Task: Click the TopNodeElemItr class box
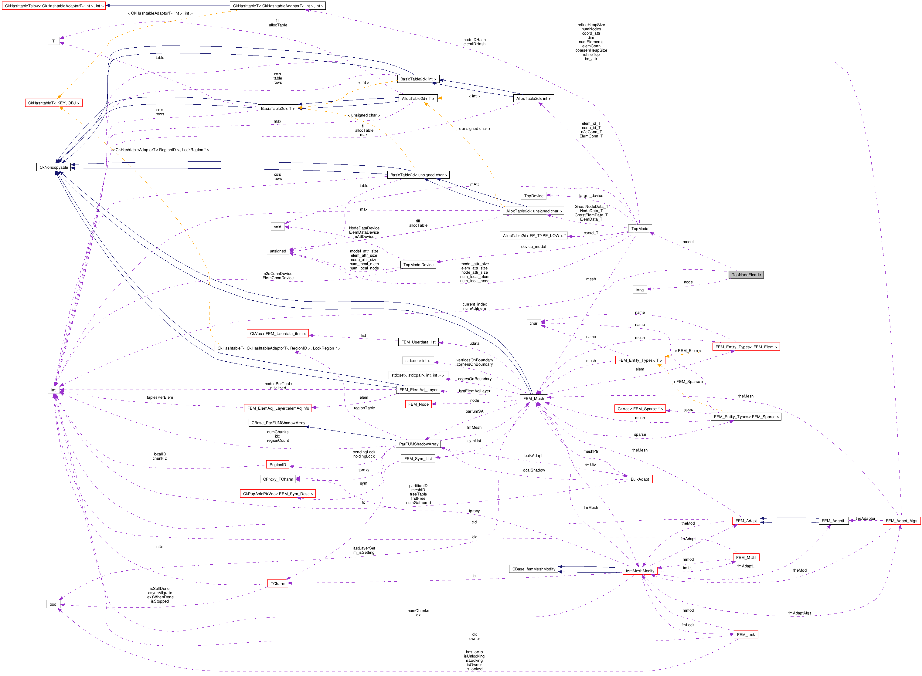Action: (746, 275)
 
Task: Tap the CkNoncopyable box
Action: (54, 167)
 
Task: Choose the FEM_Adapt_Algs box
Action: (901, 521)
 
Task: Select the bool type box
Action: (54, 604)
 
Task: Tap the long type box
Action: (639, 290)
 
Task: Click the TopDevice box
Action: (533, 196)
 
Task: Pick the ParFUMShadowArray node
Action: (418, 444)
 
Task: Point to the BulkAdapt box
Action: (639, 479)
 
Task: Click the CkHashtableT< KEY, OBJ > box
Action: (54, 103)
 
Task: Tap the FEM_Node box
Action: (418, 404)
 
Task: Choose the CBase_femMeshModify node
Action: (533, 569)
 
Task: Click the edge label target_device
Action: (591, 196)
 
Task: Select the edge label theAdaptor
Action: (865, 519)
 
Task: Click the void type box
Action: (277, 227)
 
